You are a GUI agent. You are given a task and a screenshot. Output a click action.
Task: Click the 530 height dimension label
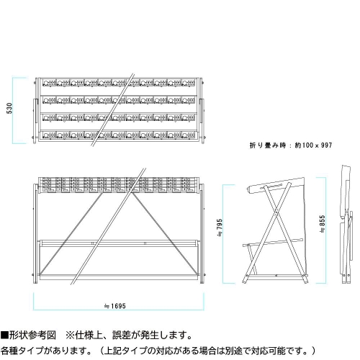pyautogui.click(x=9, y=108)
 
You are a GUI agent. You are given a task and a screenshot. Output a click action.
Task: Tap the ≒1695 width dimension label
pyautogui.click(x=115, y=306)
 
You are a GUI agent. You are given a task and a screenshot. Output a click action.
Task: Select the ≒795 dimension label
pyautogui.click(x=220, y=228)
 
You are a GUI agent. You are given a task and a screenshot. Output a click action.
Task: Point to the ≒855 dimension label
pyautogui.click(x=323, y=224)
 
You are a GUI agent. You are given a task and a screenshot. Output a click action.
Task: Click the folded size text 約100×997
pyautogui.click(x=313, y=145)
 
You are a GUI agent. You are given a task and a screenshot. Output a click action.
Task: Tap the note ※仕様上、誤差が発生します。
pyautogui.click(x=129, y=336)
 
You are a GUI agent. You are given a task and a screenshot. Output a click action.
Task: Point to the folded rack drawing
pyautogui.click(x=346, y=225)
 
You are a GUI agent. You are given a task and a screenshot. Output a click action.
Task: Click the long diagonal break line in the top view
pyautogui.click(x=113, y=109)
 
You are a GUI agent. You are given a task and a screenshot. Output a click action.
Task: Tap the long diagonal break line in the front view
pyautogui.click(x=109, y=226)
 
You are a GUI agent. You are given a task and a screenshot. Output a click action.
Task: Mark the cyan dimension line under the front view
pyautogui.click(x=119, y=310)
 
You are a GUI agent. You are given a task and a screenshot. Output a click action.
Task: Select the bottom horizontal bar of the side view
pyautogui.click(x=276, y=276)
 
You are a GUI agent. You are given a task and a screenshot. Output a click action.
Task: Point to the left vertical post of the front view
pyautogui.click(x=35, y=233)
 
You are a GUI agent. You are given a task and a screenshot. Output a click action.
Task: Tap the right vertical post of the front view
pyautogui.click(x=202, y=233)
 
